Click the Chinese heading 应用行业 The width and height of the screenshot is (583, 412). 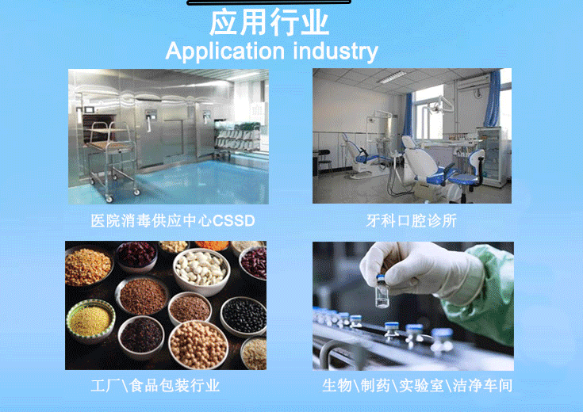pyautogui.click(x=269, y=23)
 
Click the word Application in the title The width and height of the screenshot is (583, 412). pyautogui.click(x=225, y=51)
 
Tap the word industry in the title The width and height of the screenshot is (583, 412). pyautogui.click(x=336, y=51)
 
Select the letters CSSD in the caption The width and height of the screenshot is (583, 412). pyautogui.click(x=233, y=221)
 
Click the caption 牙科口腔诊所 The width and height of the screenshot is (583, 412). pyautogui.click(x=411, y=221)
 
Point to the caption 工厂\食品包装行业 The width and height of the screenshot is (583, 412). pyautogui.click(x=155, y=386)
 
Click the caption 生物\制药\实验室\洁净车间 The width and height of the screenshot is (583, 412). pyautogui.click(x=417, y=386)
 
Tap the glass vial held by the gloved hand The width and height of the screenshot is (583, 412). pyautogui.click(x=382, y=292)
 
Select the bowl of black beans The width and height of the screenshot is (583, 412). pyautogui.click(x=244, y=316)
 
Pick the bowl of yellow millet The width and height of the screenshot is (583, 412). pyautogui.click(x=90, y=321)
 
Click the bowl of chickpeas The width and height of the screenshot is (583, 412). pyautogui.click(x=198, y=345)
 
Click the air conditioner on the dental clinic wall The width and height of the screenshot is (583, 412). pyautogui.click(x=474, y=82)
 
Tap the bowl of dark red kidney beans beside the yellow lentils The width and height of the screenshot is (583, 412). pyautogui.click(x=136, y=256)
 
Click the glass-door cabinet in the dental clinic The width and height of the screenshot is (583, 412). pyautogui.click(x=492, y=156)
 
